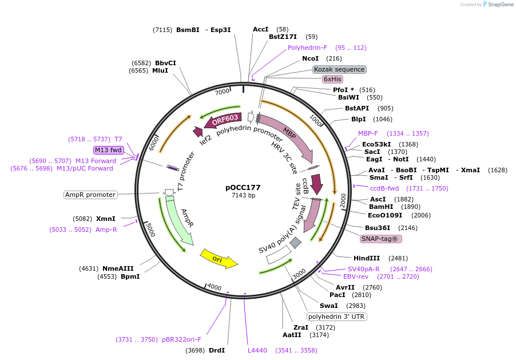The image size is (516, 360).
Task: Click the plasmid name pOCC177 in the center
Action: point(243,187)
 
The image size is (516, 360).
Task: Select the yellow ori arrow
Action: point(219,258)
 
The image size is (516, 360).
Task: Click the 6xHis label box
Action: point(332,80)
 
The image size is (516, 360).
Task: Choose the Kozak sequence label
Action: point(339,69)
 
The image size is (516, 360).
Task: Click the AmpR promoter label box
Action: point(90,195)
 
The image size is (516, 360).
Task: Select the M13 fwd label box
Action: point(109,150)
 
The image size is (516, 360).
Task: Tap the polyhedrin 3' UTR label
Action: point(337,317)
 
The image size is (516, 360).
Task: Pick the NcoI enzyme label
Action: point(310,58)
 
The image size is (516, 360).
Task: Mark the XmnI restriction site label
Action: point(106,219)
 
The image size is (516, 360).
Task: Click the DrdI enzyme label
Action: point(217,350)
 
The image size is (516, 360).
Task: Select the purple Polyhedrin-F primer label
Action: point(307,48)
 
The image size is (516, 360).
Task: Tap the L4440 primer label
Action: point(257,350)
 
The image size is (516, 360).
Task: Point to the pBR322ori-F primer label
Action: point(181,339)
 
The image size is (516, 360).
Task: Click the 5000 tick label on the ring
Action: point(149,230)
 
